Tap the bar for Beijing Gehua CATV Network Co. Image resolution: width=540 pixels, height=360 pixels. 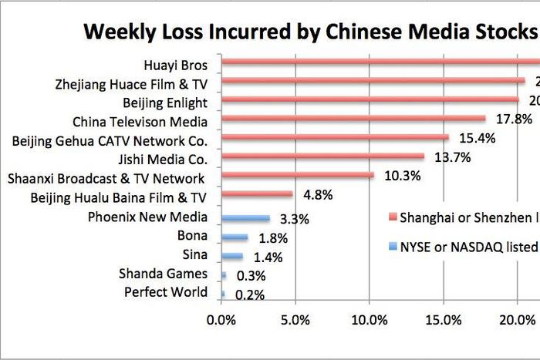[335, 137]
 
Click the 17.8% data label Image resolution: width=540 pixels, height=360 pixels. [512, 119]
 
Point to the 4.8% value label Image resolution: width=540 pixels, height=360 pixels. [317, 195]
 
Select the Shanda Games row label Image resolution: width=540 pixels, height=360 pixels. [163, 274]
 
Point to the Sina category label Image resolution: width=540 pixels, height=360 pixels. [194, 255]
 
